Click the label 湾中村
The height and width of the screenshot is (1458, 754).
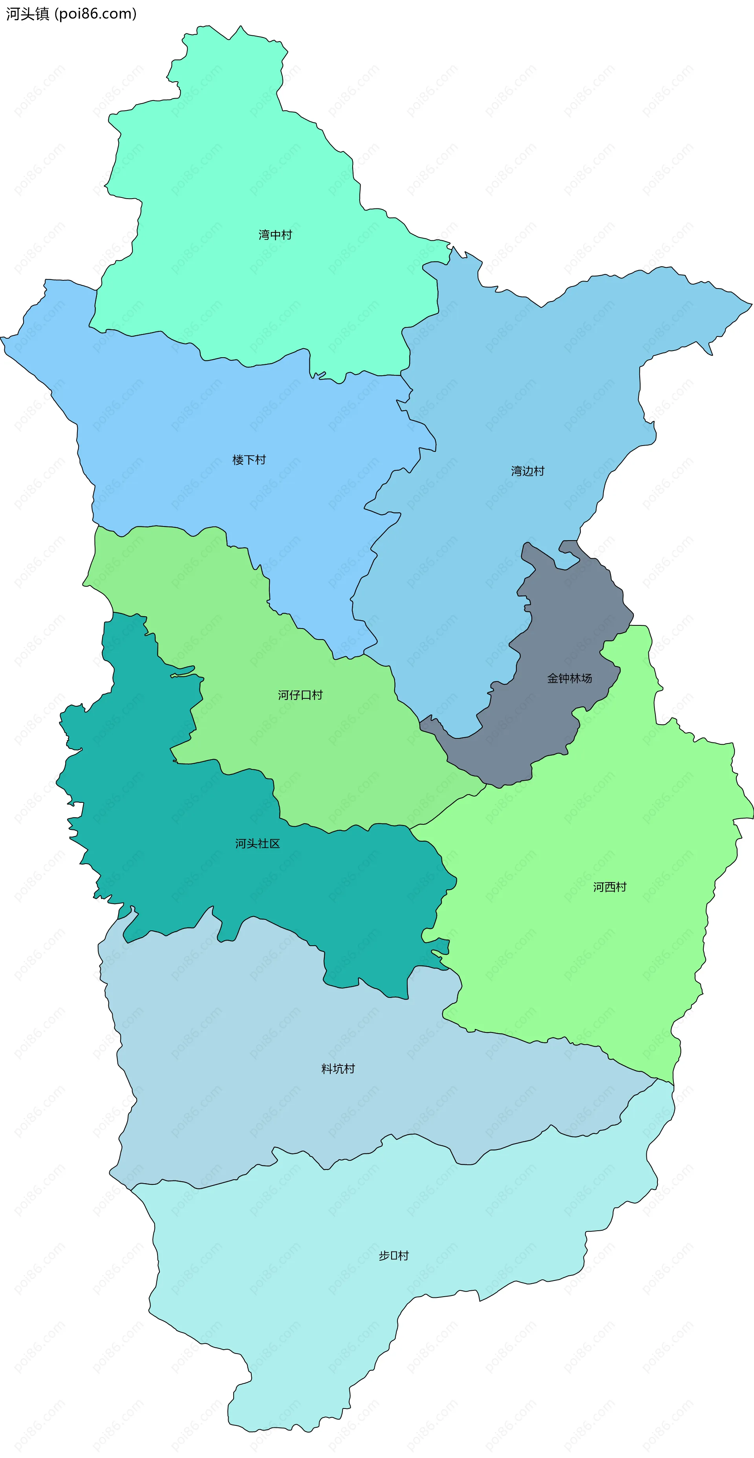tap(275, 235)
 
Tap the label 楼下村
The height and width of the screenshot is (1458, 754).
tap(249, 460)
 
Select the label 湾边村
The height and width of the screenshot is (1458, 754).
tap(527, 471)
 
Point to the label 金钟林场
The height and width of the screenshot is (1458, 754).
tap(569, 678)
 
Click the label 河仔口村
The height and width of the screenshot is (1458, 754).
tap(300, 695)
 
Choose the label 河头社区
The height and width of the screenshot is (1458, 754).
tap(258, 843)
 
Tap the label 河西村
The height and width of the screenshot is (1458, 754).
tap(609, 887)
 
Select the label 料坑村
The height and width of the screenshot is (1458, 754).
tap(338, 1069)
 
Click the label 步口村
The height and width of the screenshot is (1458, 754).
tap(393, 1255)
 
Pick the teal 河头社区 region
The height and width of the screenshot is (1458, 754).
tap(170, 821)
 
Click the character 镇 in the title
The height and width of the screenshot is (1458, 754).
tap(42, 14)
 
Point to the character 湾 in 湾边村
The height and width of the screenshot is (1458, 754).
tap(516, 471)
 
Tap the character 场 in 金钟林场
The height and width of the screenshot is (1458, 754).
tap(586, 678)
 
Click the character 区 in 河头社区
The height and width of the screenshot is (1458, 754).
tap(275, 843)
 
